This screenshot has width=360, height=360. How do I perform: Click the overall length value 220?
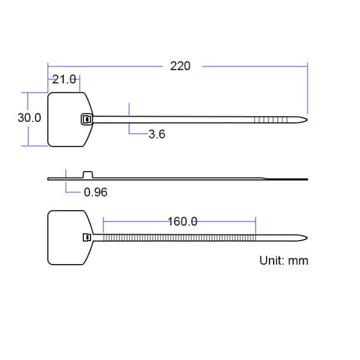pos(180,66)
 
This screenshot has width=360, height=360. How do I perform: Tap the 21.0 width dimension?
pos(64,79)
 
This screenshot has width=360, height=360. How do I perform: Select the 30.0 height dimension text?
pos(29,118)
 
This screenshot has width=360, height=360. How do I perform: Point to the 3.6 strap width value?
pos(157,134)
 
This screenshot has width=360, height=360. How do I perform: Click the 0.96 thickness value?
pos(95,193)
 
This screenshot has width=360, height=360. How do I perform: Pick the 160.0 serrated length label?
pos(182,221)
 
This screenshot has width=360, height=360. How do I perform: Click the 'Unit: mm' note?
pos(283,260)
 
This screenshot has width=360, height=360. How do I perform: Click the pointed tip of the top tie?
pos(306,120)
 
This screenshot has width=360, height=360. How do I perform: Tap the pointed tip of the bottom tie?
pos(306,238)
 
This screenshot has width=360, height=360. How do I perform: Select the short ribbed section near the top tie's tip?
pos(271,120)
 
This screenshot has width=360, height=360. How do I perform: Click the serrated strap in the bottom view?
pos(180,238)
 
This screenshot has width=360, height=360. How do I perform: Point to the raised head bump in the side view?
pos(88,175)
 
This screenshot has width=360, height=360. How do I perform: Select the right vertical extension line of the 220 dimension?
pos(307,87)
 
